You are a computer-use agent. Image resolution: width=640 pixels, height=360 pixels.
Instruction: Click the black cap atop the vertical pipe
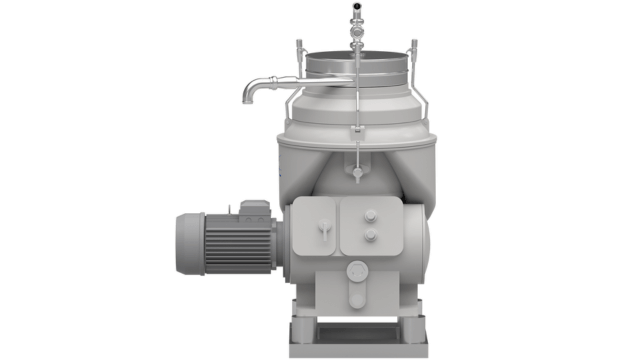[356, 5]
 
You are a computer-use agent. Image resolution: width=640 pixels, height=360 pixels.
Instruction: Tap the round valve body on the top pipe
[356, 30]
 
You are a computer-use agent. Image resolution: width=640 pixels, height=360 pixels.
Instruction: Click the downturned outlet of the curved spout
[246, 98]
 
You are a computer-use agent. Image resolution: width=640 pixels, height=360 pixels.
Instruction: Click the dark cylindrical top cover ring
[355, 62]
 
